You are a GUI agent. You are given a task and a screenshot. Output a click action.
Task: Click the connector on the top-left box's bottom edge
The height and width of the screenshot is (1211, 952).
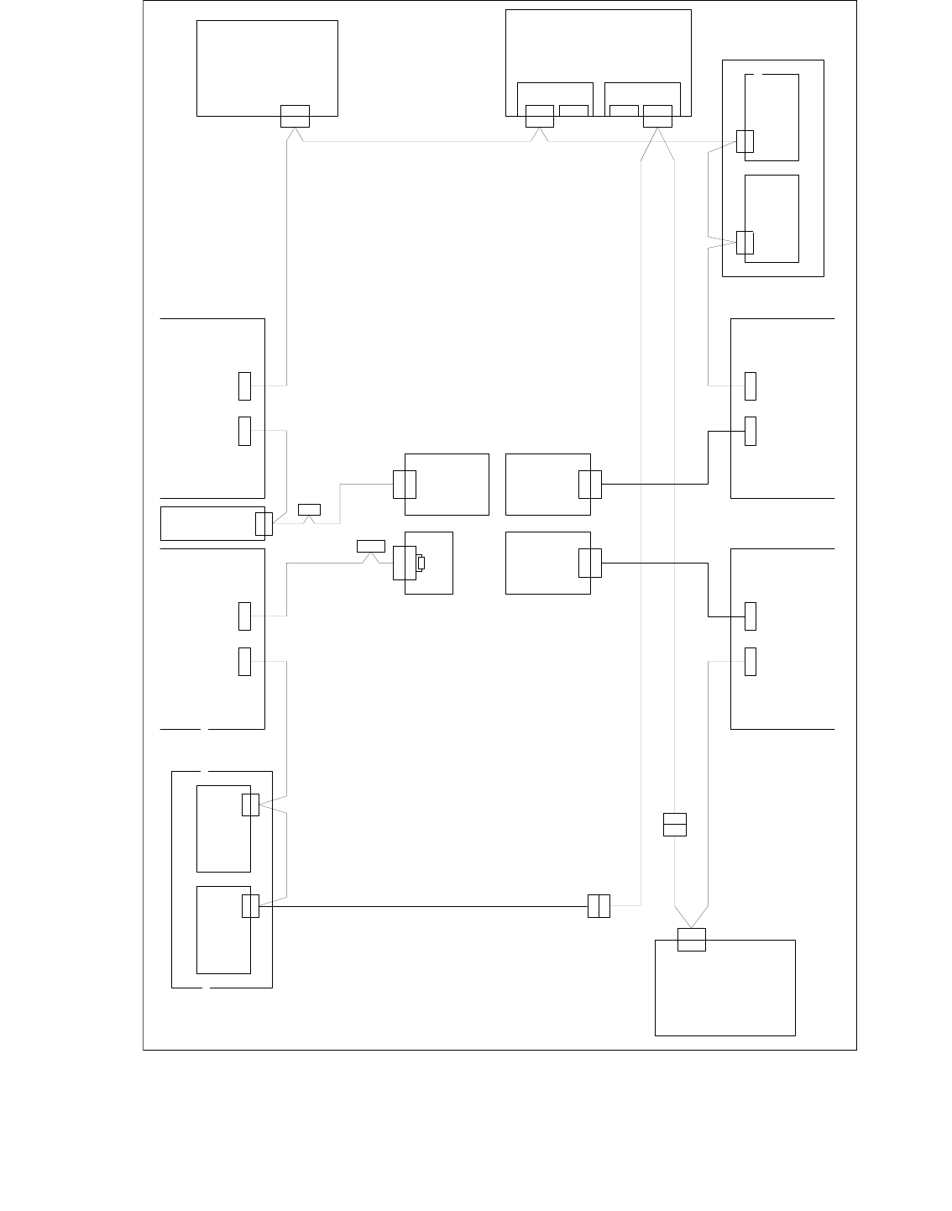[295, 116]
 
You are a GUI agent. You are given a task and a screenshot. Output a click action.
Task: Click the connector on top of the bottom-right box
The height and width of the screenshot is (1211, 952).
[692, 940]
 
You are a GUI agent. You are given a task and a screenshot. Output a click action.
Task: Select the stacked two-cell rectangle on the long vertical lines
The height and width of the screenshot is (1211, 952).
[675, 825]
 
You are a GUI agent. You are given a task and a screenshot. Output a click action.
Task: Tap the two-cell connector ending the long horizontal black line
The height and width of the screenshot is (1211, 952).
[599, 906]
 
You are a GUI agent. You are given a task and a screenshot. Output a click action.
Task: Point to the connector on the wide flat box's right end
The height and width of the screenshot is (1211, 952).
[264, 523]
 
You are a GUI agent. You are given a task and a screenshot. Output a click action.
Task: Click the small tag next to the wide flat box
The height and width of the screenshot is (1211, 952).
[309, 509]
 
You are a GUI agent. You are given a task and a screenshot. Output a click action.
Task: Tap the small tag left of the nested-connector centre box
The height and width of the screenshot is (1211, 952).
[371, 546]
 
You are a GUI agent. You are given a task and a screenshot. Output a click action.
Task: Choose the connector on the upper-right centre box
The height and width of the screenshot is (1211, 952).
[590, 485]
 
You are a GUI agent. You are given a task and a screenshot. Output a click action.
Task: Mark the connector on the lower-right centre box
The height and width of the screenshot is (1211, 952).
[590, 563]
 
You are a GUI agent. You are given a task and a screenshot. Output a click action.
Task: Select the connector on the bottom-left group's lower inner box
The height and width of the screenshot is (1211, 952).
[250, 906]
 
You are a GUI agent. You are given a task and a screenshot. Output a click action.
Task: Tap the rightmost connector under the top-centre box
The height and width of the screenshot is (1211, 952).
[657, 116]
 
